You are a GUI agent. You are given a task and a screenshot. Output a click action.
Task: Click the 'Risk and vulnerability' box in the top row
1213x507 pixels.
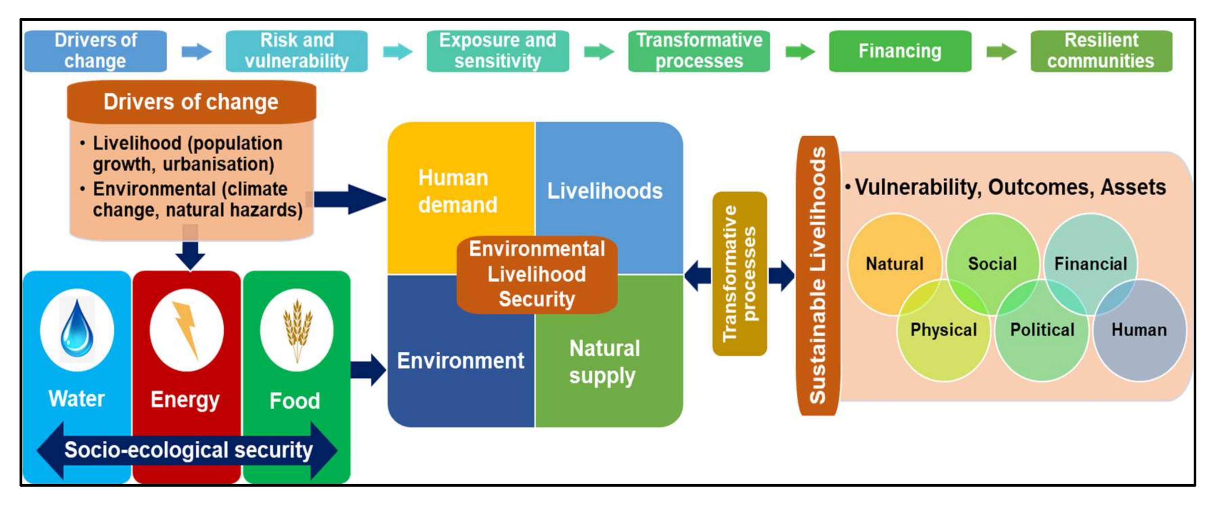[297, 51]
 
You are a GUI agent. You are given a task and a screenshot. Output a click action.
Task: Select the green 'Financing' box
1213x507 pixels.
[900, 51]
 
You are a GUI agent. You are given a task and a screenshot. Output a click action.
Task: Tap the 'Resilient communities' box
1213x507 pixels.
[1101, 51]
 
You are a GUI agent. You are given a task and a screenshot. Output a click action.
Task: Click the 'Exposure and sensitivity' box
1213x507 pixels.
[498, 51]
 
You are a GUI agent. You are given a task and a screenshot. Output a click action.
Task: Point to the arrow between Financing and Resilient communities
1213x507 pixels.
[1001, 51]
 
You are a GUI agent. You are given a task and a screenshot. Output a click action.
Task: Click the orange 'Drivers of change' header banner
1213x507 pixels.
[191, 102]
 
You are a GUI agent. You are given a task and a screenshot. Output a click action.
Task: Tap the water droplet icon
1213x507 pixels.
[77, 329]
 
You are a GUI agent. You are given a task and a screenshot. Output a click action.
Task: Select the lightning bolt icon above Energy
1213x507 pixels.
[186, 329]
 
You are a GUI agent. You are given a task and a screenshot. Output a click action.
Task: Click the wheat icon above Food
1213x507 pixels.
[297, 329]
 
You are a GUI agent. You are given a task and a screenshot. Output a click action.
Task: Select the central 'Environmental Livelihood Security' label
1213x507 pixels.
[537, 274]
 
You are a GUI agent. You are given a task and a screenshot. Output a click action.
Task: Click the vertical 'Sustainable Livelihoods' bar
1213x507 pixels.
[817, 275]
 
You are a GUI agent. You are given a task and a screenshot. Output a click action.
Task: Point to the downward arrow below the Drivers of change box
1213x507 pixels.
[190, 254]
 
